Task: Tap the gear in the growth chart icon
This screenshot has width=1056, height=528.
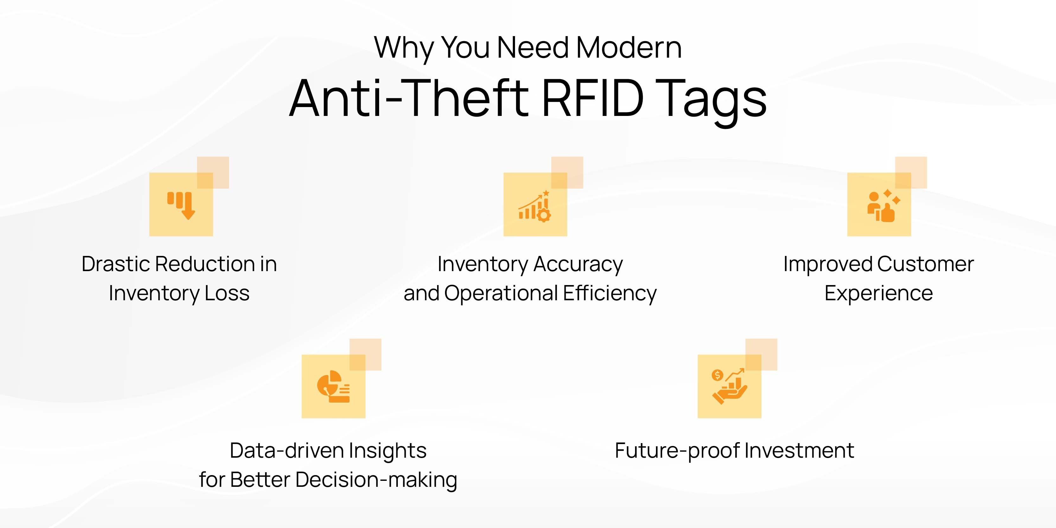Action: coord(544,215)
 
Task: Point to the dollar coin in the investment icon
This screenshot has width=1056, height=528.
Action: coord(717,375)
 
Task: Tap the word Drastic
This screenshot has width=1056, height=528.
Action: coord(117,264)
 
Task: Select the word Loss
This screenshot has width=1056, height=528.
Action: coord(227,294)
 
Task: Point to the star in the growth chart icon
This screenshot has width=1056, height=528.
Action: coord(546,193)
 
